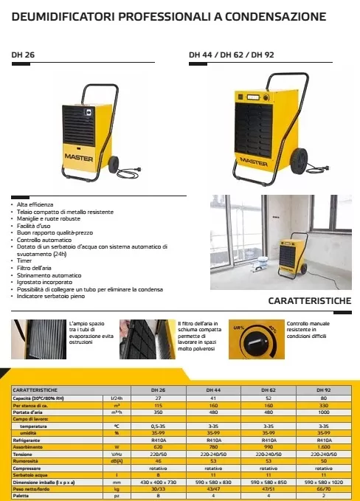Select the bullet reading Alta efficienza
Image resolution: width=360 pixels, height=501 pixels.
(34, 203)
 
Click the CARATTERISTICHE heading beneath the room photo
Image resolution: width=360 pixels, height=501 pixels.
(309, 302)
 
